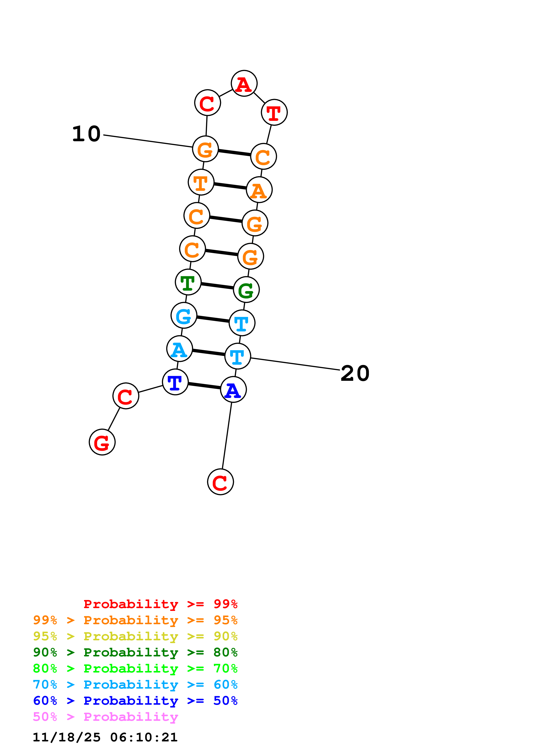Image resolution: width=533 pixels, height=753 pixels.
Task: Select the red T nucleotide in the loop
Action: [274, 112]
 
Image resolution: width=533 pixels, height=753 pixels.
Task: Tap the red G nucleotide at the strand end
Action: [102, 442]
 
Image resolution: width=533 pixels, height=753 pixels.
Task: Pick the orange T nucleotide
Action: [201, 182]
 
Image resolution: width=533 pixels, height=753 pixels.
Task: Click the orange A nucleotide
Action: [259, 190]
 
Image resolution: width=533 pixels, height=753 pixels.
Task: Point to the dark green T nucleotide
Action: [188, 282]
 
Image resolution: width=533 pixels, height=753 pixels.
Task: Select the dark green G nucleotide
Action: [246, 290]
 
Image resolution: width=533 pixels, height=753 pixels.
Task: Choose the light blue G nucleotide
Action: [184, 316]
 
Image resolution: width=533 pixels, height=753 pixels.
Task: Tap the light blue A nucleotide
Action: [180, 349]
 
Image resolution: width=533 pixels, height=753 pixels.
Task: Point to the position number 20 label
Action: [355, 373]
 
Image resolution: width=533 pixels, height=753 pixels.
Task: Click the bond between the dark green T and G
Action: [217, 286]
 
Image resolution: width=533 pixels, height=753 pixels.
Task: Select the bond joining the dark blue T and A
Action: [204, 386]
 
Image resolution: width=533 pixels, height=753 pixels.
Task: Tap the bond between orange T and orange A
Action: [230, 186]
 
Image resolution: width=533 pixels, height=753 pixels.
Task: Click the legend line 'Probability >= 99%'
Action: [160, 604]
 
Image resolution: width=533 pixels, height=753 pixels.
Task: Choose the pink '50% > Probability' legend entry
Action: [105, 717]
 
